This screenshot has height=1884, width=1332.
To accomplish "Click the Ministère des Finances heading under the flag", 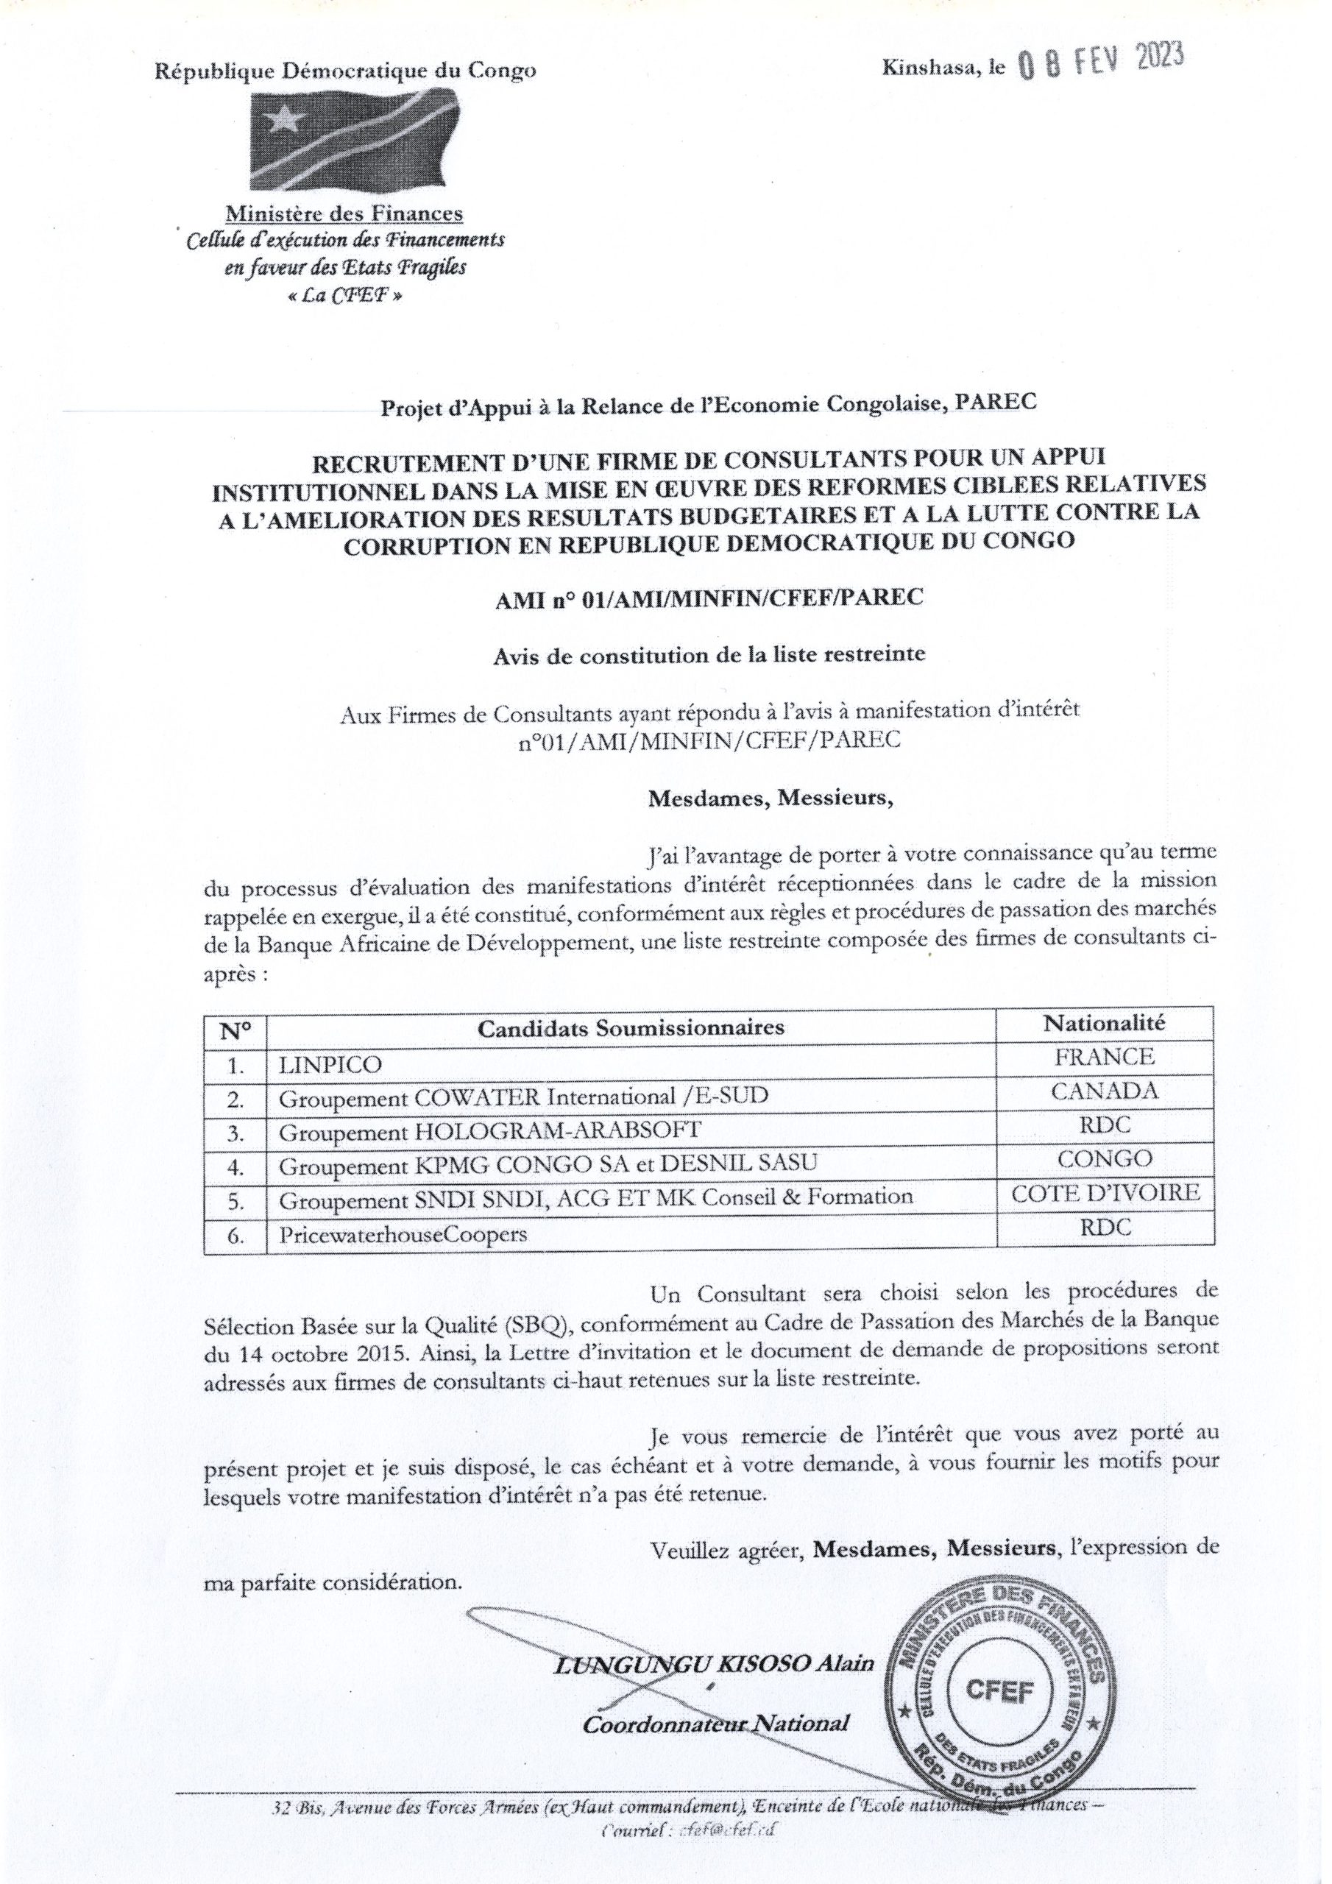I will click(x=344, y=215).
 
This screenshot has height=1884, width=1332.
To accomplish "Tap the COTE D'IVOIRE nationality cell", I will click(x=1105, y=1193).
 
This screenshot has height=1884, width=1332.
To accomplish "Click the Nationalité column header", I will click(x=1104, y=1022).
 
